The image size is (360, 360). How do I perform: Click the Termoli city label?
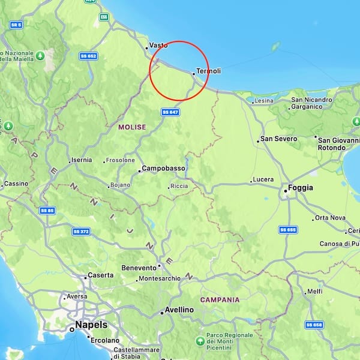(x=208, y=71)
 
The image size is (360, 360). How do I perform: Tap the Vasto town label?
(x=158, y=45)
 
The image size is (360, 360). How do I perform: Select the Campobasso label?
(x=163, y=169)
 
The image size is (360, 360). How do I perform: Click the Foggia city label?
(x=300, y=188)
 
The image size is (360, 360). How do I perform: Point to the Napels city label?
(x=91, y=325)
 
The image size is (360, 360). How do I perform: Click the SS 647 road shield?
(x=170, y=112)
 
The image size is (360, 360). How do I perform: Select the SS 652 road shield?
(x=88, y=56)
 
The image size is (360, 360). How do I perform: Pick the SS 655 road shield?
(x=288, y=230)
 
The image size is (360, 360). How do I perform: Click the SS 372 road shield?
(x=80, y=231)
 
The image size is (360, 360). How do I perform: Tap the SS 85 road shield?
(x=47, y=211)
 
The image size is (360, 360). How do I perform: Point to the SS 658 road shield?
(x=313, y=325)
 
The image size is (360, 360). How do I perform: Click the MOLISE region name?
(x=132, y=127)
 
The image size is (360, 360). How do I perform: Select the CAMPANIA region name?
(x=220, y=299)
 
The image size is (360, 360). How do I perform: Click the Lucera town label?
(x=263, y=179)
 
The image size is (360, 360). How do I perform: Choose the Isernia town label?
(x=81, y=160)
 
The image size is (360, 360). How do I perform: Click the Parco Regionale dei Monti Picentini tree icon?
(x=199, y=341)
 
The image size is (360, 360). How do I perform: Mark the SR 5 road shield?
(x=16, y=25)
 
